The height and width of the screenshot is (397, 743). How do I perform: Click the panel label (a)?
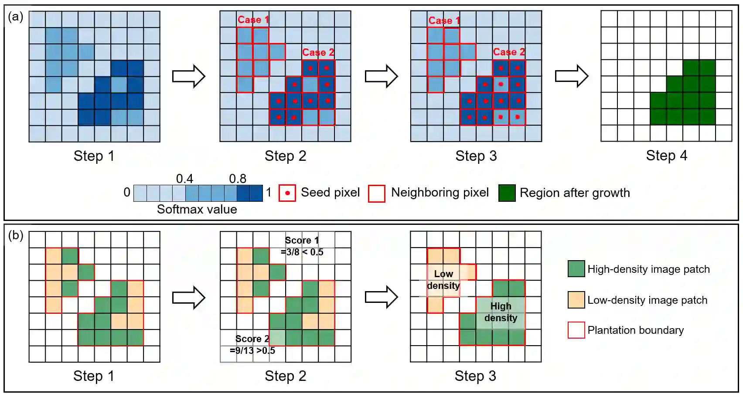click(x=15, y=17)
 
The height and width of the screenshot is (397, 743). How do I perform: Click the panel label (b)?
click(x=15, y=235)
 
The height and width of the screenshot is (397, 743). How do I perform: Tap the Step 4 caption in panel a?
click(x=666, y=156)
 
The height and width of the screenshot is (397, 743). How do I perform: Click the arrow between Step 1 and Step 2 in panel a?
click(x=189, y=76)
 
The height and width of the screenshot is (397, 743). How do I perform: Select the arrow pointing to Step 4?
click(x=572, y=76)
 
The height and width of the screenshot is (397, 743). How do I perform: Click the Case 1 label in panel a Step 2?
click(x=253, y=20)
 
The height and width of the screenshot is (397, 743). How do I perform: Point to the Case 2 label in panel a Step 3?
click(x=509, y=52)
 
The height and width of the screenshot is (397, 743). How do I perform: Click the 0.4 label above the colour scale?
click(x=184, y=179)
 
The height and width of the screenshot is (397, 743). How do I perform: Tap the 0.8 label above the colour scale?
click(x=238, y=179)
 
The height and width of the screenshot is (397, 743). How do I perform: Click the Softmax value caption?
click(x=197, y=209)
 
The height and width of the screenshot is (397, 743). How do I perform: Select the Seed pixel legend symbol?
click(x=287, y=193)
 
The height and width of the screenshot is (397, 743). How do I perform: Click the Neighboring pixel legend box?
click(x=377, y=193)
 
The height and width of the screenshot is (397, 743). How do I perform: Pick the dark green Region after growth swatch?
click(x=507, y=193)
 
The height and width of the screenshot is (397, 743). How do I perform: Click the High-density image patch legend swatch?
click(x=576, y=269)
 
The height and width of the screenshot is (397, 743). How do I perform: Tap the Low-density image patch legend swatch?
click(x=576, y=300)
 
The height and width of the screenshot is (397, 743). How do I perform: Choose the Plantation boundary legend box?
click(x=576, y=330)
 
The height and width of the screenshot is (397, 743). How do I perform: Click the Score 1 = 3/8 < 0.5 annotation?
click(x=302, y=246)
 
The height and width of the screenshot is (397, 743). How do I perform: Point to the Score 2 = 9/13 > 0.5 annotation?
click(x=252, y=345)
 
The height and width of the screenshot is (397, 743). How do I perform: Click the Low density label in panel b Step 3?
click(x=443, y=280)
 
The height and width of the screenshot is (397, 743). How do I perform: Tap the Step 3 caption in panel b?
click(x=475, y=376)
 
